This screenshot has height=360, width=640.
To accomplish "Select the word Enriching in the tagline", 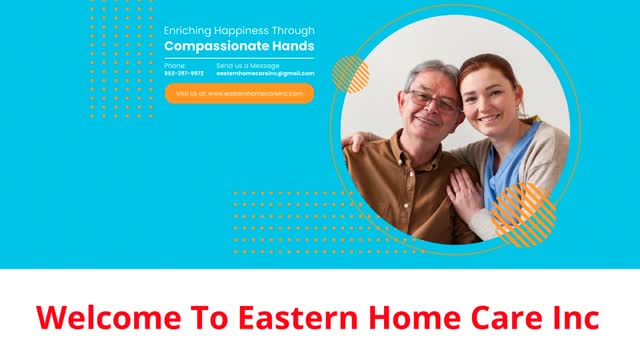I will click(x=187, y=31).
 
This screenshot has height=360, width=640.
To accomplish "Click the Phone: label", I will click(x=175, y=65).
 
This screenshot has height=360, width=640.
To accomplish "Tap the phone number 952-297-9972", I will click(x=184, y=73).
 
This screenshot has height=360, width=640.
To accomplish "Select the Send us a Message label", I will click(x=248, y=65).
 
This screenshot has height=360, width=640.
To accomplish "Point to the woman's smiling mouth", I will click(x=490, y=117).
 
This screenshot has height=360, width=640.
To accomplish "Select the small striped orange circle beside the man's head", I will click(x=350, y=74).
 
